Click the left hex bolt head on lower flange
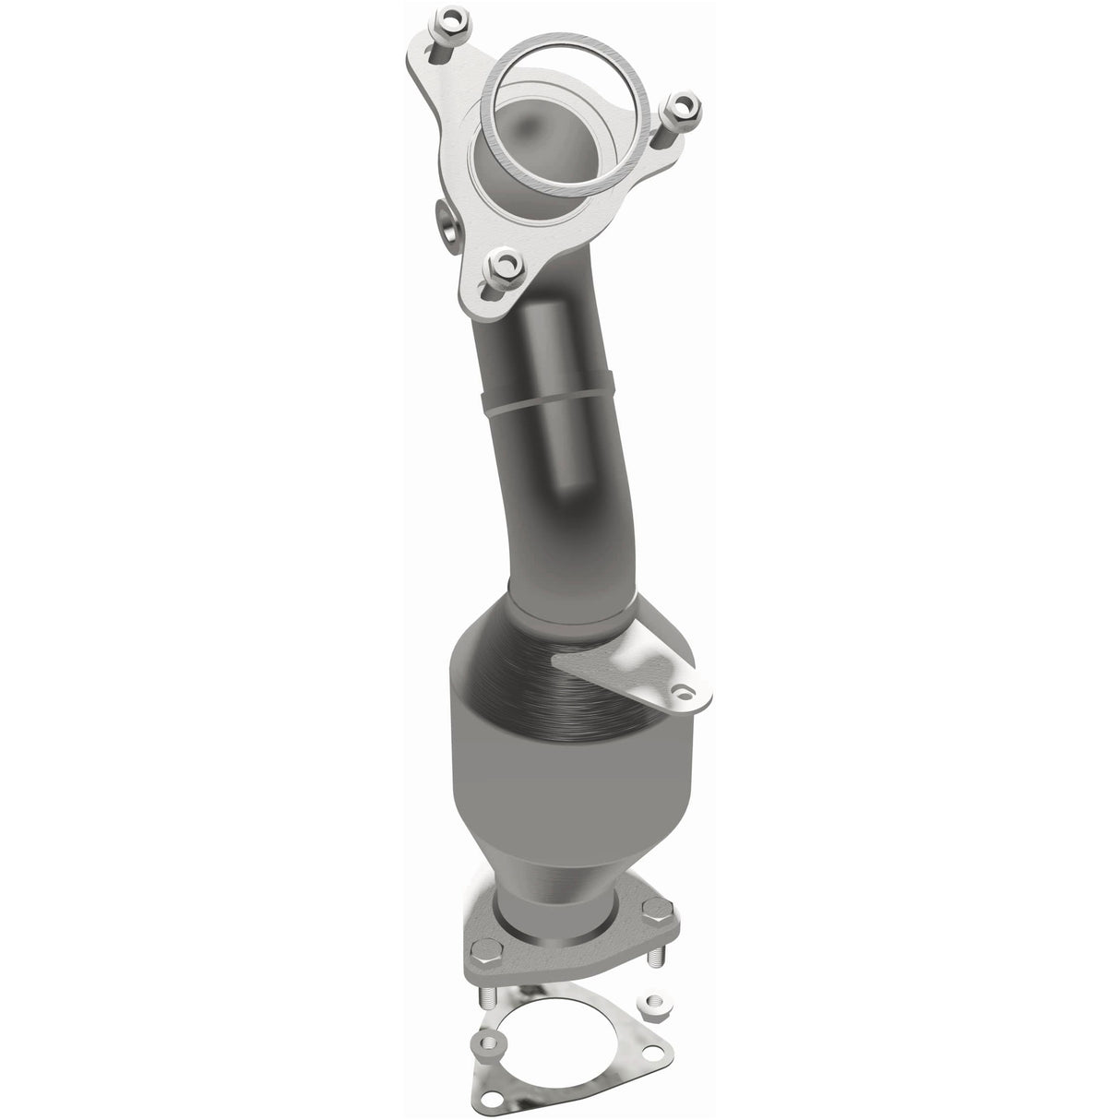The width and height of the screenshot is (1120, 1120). pos(486,923)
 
